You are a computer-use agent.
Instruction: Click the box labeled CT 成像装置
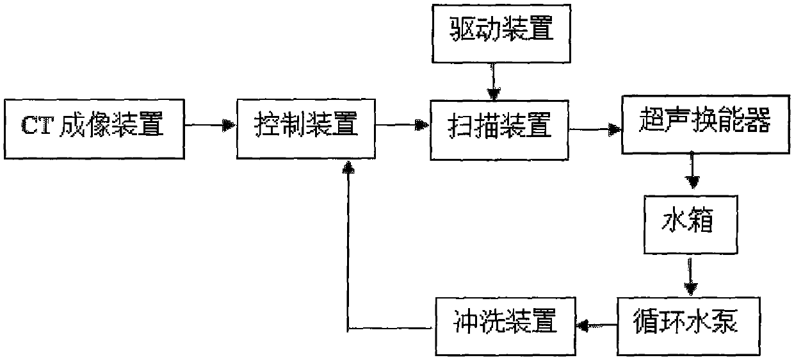pyautogui.click(x=93, y=126)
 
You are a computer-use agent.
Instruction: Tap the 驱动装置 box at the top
pyautogui.click(x=493, y=30)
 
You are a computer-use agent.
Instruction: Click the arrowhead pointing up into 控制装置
pyautogui.click(x=348, y=167)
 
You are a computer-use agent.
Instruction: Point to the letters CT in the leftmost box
pyautogui.click(x=38, y=126)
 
